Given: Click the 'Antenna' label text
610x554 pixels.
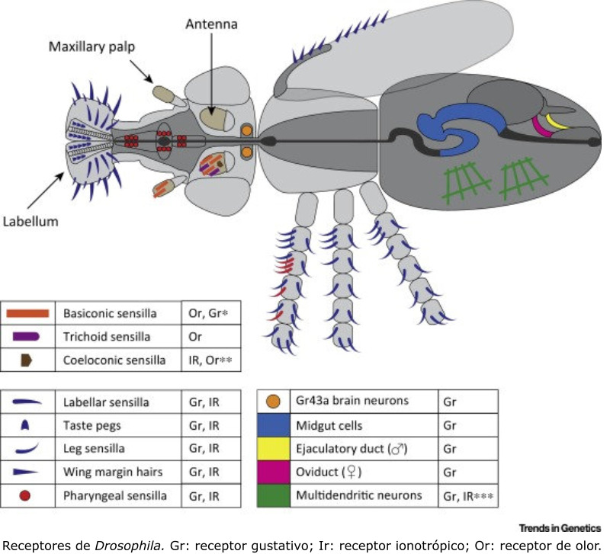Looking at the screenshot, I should coord(212,24).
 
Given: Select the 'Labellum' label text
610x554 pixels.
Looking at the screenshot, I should coord(31,222).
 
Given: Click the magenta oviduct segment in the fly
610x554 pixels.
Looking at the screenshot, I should coord(543,126).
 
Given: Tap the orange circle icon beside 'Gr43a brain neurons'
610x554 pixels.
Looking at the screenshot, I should coord(276,400).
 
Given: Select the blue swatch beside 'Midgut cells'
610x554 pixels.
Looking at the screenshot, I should coord(276,424).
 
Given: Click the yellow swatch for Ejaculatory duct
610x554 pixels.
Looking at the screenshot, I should coord(276,447).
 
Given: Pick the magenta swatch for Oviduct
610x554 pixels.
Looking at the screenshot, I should coord(276,471).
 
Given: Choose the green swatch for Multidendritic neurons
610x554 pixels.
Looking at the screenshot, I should coord(276,495).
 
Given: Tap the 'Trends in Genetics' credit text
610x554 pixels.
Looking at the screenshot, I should coord(560,527).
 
